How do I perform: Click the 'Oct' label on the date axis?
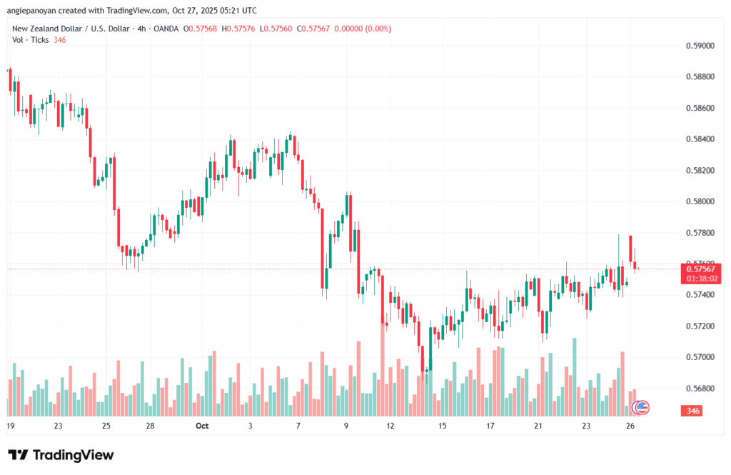[201, 426]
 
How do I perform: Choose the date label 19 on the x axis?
[10, 426]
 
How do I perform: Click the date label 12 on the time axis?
[390, 426]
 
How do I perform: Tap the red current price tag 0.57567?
[700, 269]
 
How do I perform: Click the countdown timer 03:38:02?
[700, 279]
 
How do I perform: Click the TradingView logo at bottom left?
[61, 455]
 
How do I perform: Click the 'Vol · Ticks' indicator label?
[31, 39]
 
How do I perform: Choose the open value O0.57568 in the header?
[201, 29]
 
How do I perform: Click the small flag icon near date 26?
[642, 408]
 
